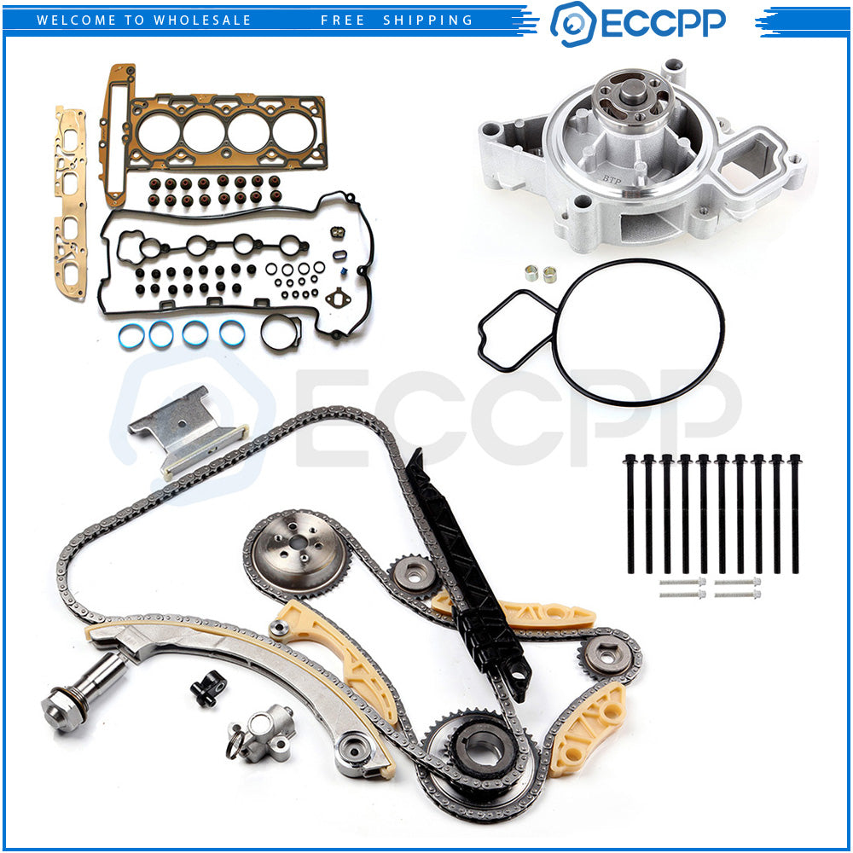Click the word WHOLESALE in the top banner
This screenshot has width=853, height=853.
202,20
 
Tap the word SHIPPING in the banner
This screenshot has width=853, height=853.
428,20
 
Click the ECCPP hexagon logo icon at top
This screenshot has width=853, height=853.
573,24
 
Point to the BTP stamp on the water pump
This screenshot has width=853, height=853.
612,178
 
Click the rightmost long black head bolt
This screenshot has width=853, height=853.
795,514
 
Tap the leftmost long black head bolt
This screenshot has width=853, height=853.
630,514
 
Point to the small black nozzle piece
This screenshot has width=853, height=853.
208,688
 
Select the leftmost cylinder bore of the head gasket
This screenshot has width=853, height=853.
159,133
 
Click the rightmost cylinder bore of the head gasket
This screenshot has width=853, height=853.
293,133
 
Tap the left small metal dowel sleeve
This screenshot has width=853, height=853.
531,273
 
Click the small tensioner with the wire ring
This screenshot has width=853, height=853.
262,734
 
